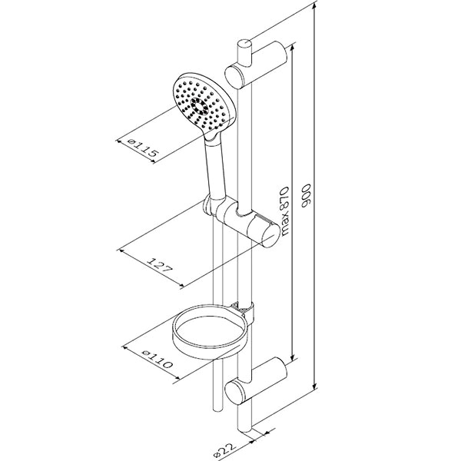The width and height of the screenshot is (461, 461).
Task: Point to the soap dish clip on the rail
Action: [x=247, y=311]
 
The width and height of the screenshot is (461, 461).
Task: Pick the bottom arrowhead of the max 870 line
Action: [x=292, y=360]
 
